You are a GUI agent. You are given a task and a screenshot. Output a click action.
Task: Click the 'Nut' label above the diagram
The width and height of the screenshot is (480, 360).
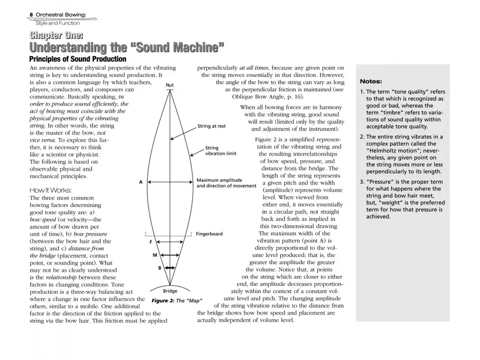click(170, 85)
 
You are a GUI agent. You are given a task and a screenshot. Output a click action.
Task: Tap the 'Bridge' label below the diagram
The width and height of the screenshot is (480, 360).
click(170, 291)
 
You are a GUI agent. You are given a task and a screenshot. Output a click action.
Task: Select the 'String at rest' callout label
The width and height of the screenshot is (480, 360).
click(211, 126)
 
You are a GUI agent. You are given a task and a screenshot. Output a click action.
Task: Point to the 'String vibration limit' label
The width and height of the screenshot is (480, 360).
click(220, 151)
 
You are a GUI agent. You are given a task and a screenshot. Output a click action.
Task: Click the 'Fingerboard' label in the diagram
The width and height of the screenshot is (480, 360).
click(209, 234)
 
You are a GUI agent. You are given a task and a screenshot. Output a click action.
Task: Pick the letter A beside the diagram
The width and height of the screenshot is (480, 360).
click(141, 182)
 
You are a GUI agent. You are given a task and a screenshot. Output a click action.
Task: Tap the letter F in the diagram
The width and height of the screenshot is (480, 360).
click(150, 242)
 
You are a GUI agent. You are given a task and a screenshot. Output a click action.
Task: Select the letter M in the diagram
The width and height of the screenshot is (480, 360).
click(155, 255)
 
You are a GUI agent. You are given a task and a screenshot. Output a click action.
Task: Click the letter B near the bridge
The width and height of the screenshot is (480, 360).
click(159, 268)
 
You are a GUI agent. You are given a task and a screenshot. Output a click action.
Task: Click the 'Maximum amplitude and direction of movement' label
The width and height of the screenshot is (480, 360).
click(226, 183)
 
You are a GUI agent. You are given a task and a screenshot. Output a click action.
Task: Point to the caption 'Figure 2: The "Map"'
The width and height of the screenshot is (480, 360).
click(177, 301)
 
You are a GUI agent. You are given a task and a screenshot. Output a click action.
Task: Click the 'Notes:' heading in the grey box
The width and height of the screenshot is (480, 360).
click(371, 82)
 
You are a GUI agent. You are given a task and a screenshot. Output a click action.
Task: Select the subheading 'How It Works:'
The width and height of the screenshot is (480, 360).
click(50, 190)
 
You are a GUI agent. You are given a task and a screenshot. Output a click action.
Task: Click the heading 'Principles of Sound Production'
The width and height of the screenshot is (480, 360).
click(77, 59)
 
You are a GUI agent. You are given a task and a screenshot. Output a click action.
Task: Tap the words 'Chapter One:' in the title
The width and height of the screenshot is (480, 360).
click(56, 36)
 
